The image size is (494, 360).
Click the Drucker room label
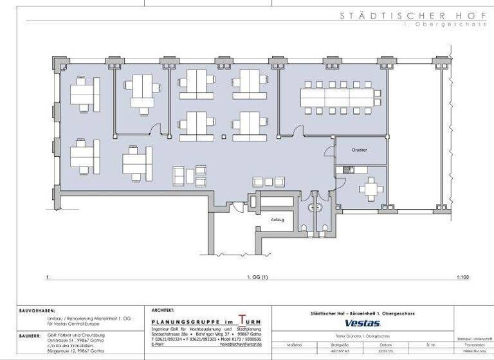tap(360, 150)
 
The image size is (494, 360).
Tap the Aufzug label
tap(277, 219)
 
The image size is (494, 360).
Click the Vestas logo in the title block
tap(363, 323)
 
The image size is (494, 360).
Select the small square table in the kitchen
tap(372, 189)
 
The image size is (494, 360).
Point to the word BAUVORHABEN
tap(37, 310)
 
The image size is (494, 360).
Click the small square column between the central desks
tap(223, 136)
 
